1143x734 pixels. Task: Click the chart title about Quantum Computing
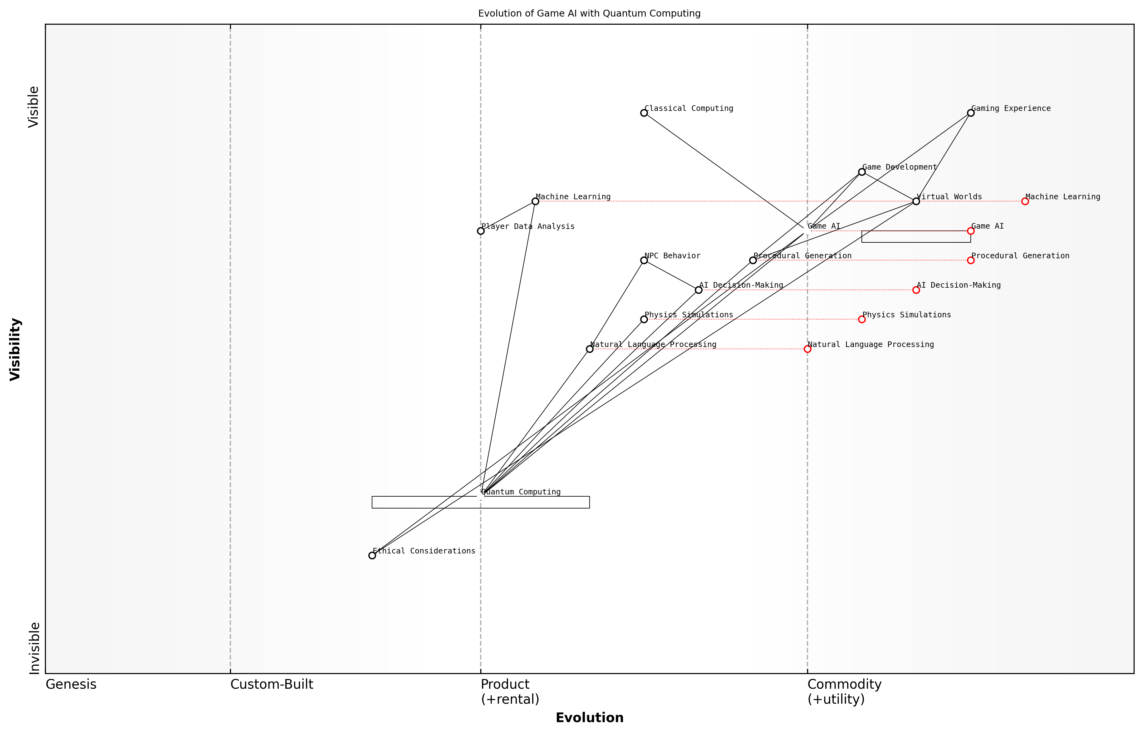click(589, 13)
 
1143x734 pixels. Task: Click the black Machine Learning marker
click(535, 201)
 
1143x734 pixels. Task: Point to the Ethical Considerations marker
click(372, 555)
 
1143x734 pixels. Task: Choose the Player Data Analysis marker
click(481, 231)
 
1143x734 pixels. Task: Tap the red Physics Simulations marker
click(861, 319)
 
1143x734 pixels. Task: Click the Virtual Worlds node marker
click(916, 201)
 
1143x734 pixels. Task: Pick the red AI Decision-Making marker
click(916, 290)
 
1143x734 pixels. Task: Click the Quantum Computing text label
click(521, 492)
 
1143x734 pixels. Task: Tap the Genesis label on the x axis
click(71, 684)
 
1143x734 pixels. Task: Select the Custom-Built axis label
click(272, 684)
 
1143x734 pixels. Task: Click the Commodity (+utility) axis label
click(844, 692)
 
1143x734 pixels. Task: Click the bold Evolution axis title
click(589, 718)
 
